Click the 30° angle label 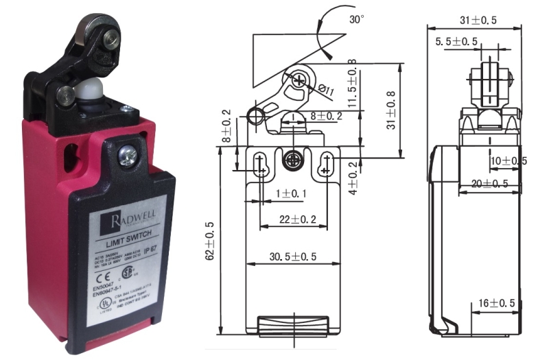click(357, 20)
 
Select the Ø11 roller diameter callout click(327, 89)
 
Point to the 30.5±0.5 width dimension click(292, 257)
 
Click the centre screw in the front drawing click(292, 158)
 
